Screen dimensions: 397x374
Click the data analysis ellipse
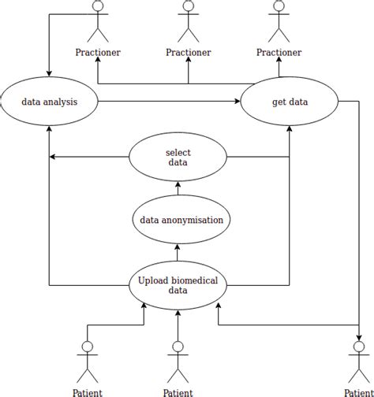[49, 102]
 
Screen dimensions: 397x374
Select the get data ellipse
[290, 102]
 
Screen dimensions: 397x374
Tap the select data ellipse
[178, 158]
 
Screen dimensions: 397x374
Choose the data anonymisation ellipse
[181, 220]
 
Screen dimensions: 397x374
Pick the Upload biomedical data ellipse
[178, 284]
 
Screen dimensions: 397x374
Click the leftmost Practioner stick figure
[98, 21]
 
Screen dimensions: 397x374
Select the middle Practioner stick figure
[188, 21]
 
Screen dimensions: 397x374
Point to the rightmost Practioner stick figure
[279, 21]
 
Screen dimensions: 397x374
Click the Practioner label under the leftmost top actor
[98, 52]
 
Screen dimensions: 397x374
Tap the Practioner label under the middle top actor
[188, 52]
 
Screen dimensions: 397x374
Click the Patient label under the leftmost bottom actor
[87, 391]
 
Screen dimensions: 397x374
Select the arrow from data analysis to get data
[170, 102]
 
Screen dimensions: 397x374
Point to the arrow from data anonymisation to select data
[178, 189]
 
